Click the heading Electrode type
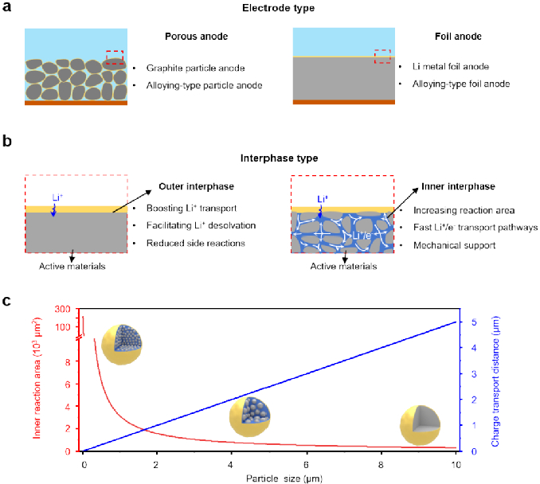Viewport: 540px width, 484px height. pos(270,9)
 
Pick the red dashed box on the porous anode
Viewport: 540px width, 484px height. pos(115,58)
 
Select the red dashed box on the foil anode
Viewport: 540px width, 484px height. pos(382,56)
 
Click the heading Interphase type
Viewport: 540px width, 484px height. pos(270,158)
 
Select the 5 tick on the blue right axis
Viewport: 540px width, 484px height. pos(475,322)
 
